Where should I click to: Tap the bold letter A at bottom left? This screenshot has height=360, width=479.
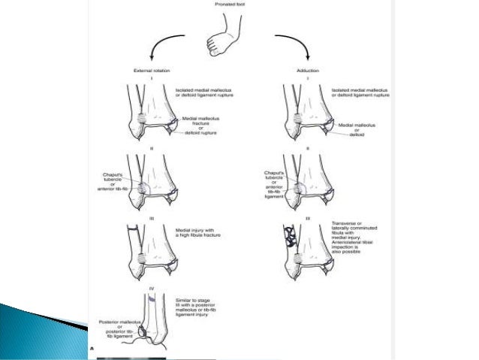point(92,349)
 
